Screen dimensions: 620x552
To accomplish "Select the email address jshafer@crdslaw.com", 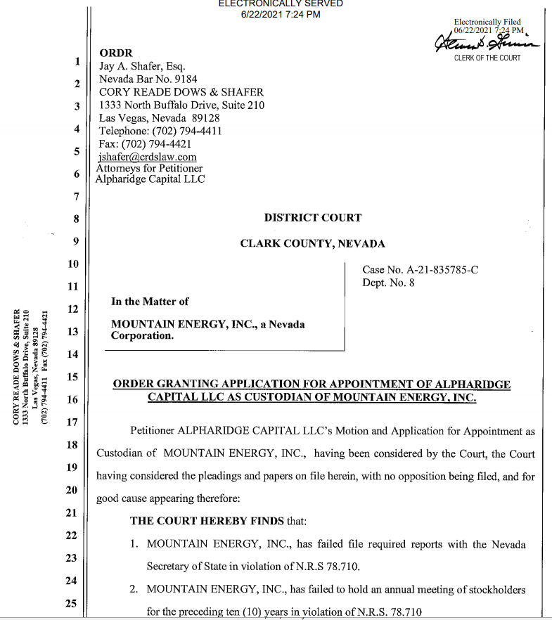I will (x=148, y=157).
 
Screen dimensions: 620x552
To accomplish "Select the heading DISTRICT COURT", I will (x=312, y=218).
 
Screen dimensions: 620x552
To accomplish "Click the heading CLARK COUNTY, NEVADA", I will (x=312, y=244).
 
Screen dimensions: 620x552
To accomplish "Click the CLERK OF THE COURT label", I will (x=487, y=58).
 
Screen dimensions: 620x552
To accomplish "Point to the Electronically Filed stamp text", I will (x=487, y=22).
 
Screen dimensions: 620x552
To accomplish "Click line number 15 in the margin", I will (x=72, y=377).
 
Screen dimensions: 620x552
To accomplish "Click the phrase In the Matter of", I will (x=150, y=302).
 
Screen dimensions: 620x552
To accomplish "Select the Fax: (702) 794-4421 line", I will (x=145, y=144).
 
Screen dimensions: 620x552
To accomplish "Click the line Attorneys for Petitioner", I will (x=149, y=169).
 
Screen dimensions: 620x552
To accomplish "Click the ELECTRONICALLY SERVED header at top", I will (x=281, y=4).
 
